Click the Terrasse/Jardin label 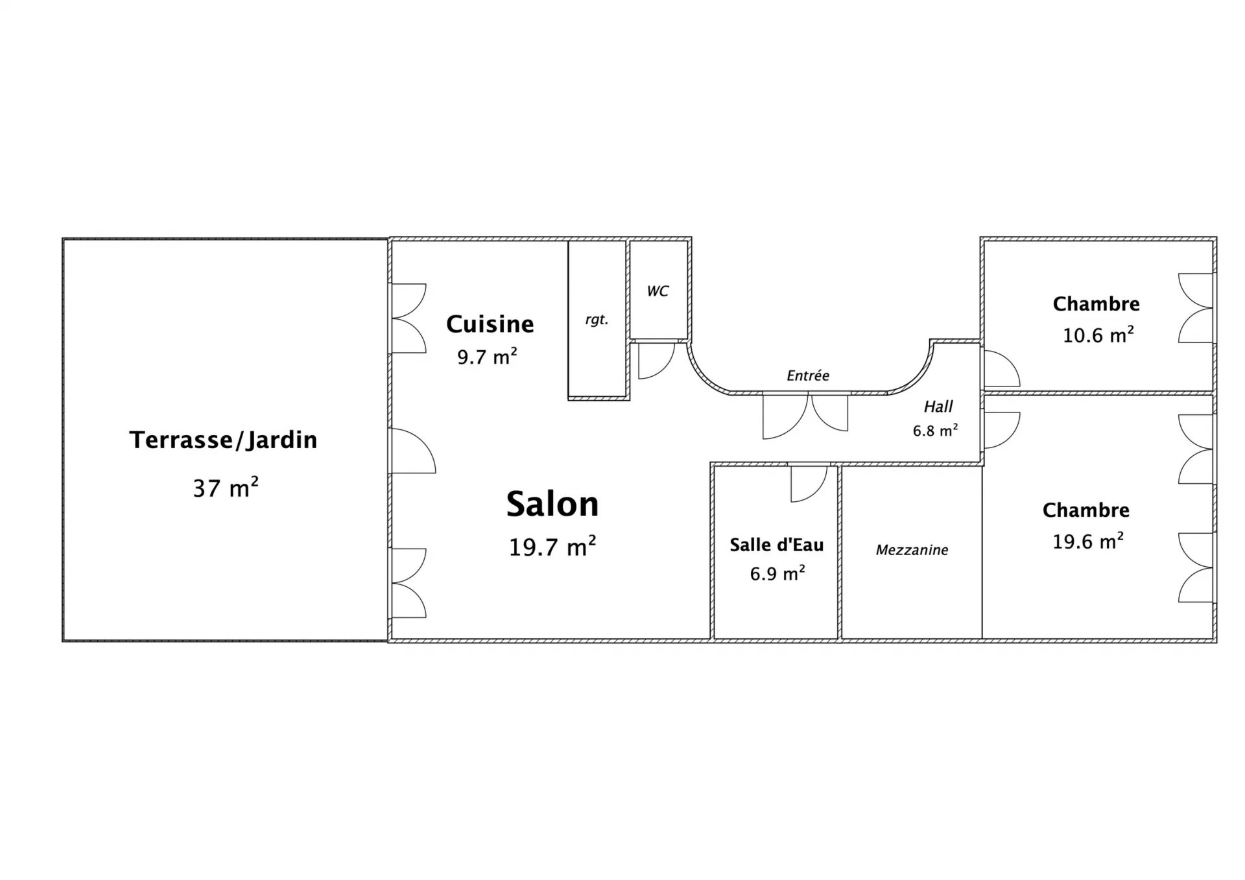point(223,440)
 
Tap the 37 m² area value point(226,487)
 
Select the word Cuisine point(490,324)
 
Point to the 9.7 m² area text point(487,356)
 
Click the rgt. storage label point(597,320)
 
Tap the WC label point(658,291)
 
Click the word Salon point(552,504)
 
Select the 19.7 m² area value point(552,547)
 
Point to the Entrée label point(808,375)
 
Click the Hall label point(938,407)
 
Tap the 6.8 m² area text point(936,431)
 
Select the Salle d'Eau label point(777,545)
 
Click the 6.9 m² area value point(777,573)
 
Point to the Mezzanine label point(912,550)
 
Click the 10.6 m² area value point(1098,335)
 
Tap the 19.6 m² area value point(1088,541)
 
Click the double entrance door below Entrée point(805,415)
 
